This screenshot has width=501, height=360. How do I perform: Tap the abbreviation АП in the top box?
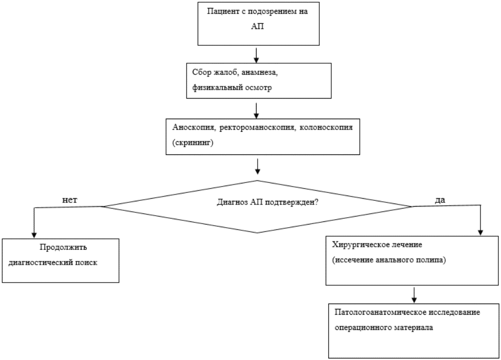click(257, 26)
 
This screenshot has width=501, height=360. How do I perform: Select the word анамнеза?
click(259, 73)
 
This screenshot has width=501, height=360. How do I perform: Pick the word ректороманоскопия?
click(257, 128)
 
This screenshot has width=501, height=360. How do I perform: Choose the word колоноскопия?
click(326, 128)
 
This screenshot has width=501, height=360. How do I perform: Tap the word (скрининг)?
click(193, 143)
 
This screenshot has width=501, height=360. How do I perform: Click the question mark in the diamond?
click(316, 202)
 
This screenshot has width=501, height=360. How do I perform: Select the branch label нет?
click(70, 200)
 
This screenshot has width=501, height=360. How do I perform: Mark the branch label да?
click(440, 200)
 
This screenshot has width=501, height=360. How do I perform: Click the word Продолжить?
click(63, 247)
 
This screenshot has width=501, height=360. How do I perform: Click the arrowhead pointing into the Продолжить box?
click(34, 235)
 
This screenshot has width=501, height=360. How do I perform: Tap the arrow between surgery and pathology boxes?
click(414, 295)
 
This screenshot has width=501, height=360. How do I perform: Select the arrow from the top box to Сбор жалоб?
click(256, 55)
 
